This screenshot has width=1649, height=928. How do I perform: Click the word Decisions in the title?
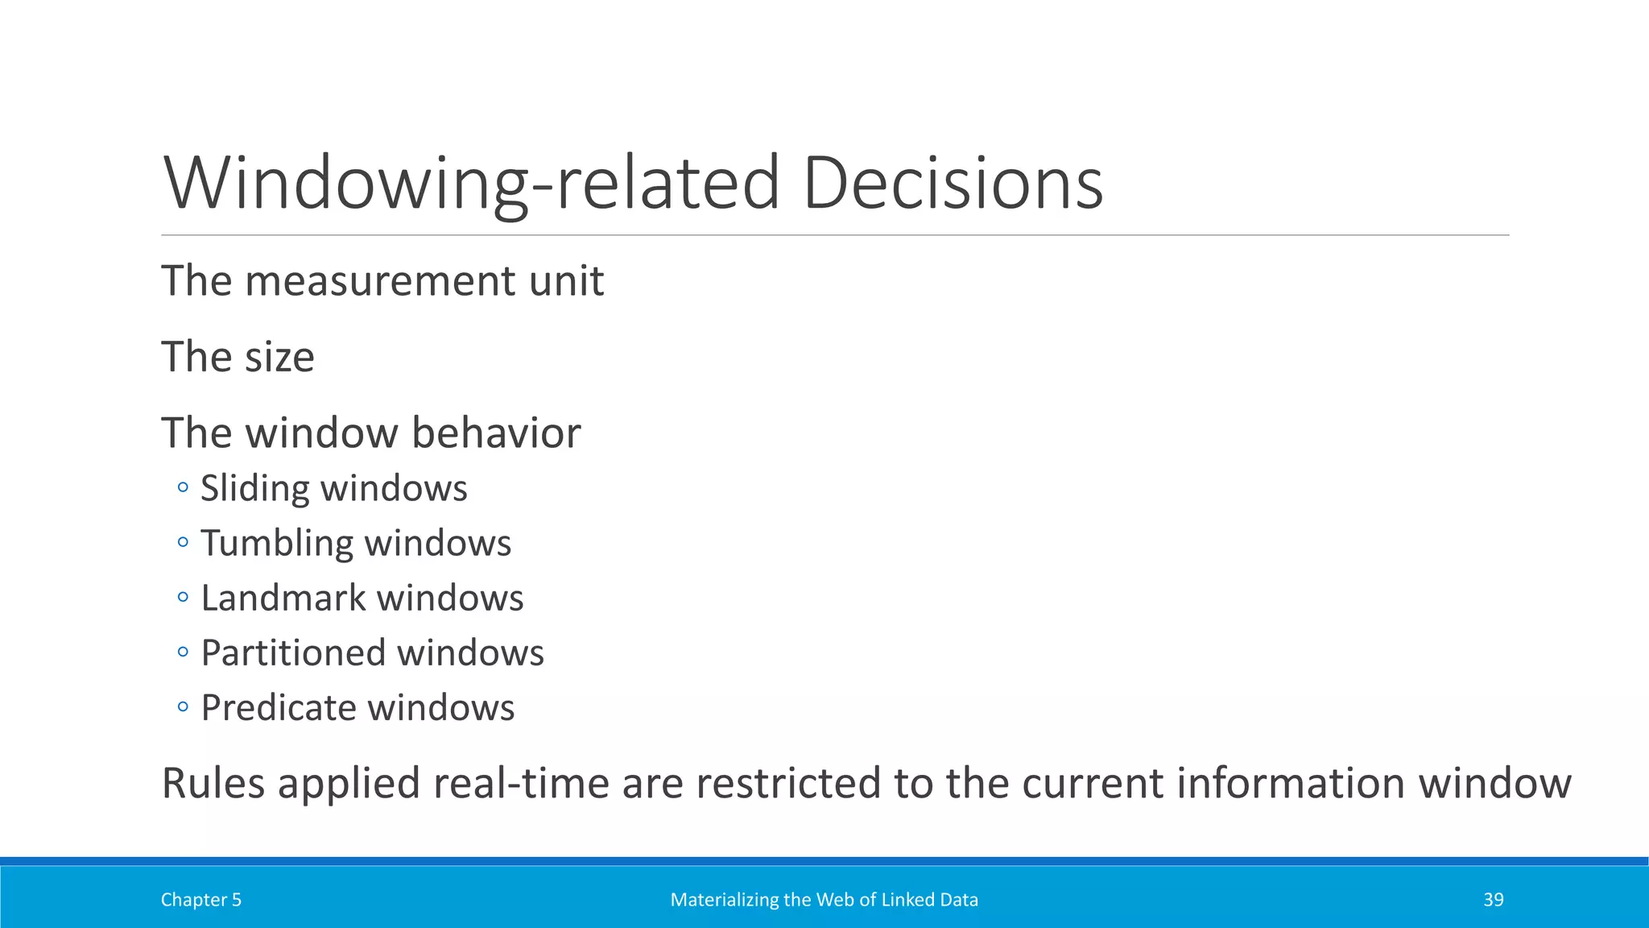tap(953, 184)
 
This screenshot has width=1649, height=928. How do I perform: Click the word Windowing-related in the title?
tap(471, 184)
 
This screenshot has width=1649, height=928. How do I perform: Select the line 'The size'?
tap(238, 357)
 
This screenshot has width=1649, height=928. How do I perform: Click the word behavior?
tap(496, 433)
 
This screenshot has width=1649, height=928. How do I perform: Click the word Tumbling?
tap(276, 544)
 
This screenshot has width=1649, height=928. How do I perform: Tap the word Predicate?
tap(279, 708)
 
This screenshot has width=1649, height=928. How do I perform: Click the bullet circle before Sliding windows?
tap(183, 487)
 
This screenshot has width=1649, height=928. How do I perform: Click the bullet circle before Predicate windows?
tap(183, 707)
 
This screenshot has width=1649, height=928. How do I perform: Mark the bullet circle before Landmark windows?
tap(183, 597)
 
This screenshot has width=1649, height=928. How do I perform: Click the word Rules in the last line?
tap(213, 783)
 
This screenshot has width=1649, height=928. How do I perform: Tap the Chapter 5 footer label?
tap(200, 900)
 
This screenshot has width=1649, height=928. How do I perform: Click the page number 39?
tap(1493, 900)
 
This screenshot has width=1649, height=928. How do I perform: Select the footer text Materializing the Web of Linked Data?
tap(824, 900)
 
